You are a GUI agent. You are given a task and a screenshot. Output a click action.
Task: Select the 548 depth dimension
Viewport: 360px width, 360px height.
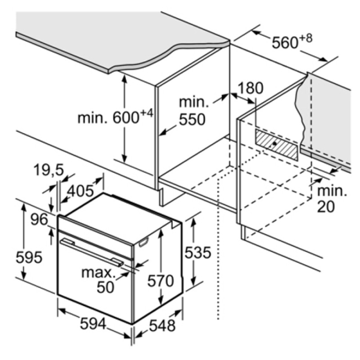pos(162,325)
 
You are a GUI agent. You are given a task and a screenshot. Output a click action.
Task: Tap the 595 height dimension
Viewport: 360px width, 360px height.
pos(29,257)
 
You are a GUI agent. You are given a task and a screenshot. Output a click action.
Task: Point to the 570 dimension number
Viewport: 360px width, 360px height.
pos(161,281)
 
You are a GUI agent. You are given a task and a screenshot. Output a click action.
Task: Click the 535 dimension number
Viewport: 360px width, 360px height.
pos(198,252)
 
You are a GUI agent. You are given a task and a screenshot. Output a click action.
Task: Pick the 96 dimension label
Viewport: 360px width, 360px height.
pos(39,220)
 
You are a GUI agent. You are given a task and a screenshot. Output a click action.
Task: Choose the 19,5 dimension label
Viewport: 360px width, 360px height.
pos(49,170)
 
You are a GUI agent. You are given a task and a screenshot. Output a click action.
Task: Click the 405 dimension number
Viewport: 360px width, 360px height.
pos(81,191)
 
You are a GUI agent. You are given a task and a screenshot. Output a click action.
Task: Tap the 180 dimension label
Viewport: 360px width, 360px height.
pos(250,88)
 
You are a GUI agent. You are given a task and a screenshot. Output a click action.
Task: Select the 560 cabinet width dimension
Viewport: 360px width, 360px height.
pos(285,43)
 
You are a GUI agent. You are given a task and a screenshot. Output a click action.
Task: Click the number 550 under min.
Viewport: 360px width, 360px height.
pos(192,119)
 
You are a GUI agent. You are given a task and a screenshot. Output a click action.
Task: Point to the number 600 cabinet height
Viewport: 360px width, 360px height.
pos(126,118)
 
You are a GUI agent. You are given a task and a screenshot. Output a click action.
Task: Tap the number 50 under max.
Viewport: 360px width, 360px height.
pos(105,287)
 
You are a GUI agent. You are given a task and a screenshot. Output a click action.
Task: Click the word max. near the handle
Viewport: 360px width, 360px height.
pos(98,273)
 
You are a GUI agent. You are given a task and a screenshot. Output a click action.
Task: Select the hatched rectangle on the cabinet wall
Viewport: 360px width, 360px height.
pos(277,144)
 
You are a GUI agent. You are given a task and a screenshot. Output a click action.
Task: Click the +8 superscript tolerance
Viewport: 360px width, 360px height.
pos(306,38)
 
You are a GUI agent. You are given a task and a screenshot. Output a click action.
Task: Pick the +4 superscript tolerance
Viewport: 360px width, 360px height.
pos(146,114)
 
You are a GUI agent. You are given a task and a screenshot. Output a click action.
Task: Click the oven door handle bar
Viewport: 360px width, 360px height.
pos(92,252)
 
